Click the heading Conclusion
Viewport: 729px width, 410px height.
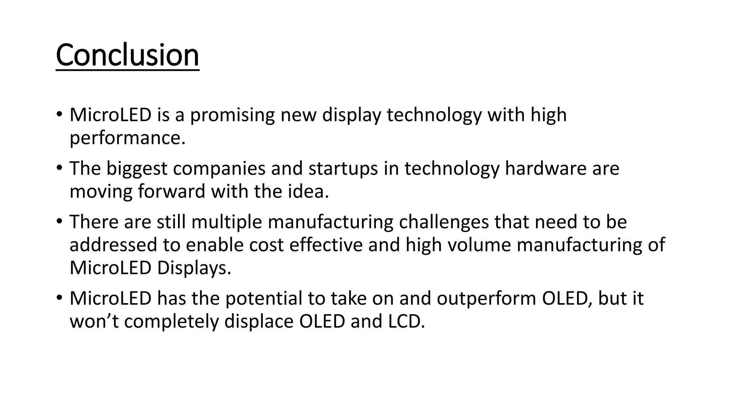click(x=127, y=55)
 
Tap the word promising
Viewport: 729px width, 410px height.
click(x=232, y=115)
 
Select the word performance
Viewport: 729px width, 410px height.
click(x=127, y=138)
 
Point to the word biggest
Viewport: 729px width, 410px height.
click(x=137, y=169)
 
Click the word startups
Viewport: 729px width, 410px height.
click(x=343, y=169)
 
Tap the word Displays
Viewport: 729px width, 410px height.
click(x=194, y=268)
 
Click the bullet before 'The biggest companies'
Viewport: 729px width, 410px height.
click(x=59, y=168)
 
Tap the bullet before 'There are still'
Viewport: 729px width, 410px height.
click(x=59, y=221)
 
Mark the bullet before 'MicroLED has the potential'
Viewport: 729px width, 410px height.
click(x=59, y=298)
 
